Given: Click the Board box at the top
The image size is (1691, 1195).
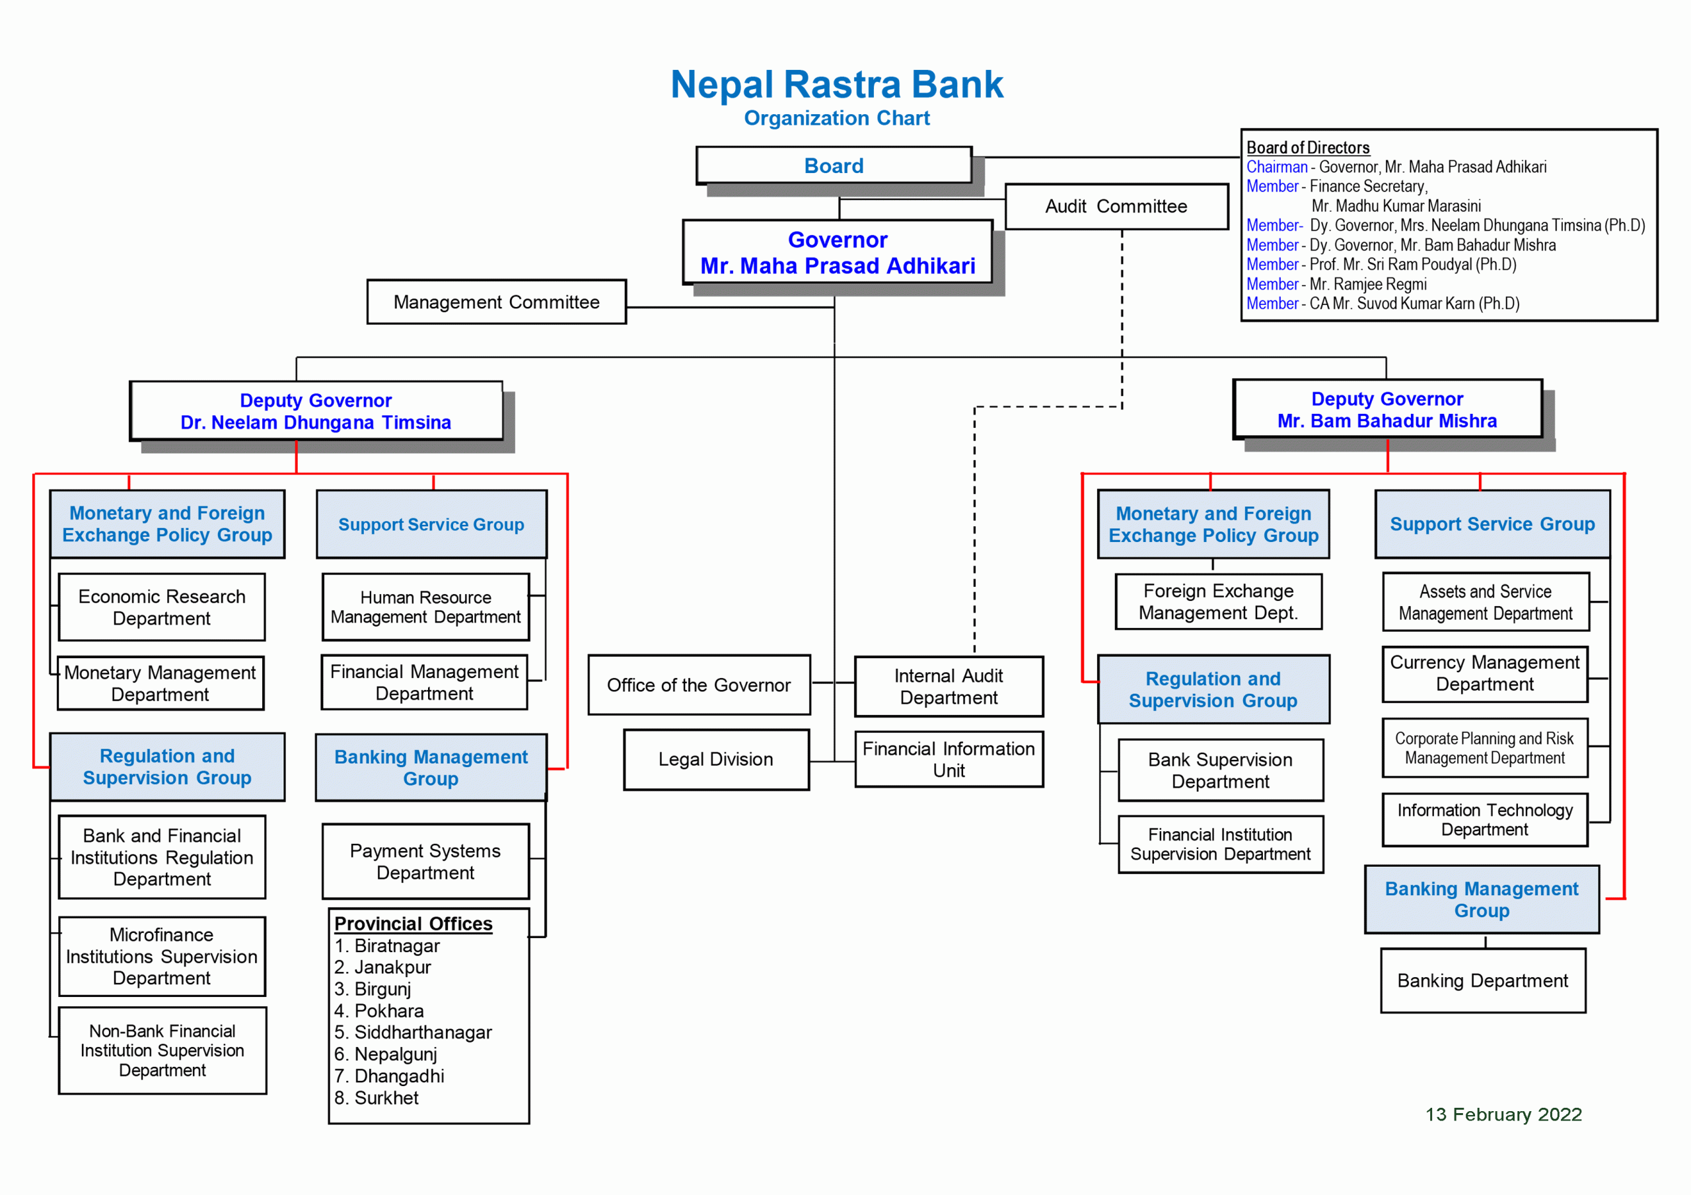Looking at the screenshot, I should (833, 166).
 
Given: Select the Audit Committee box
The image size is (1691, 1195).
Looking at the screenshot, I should (1116, 206).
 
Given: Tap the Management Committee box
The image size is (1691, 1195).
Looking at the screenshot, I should (496, 302).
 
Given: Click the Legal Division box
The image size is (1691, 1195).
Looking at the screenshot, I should (716, 759).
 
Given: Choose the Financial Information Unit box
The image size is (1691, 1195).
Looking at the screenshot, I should (949, 759).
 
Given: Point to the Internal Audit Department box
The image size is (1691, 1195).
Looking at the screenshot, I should (949, 686).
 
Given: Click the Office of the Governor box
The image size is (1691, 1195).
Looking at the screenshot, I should (699, 685).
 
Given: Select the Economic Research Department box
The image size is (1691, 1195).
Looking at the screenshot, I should (161, 607).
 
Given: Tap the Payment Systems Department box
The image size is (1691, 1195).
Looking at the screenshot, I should (425, 861).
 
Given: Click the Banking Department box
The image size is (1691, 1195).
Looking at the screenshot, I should (1482, 980).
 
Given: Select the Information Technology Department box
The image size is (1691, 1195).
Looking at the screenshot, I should (1485, 819).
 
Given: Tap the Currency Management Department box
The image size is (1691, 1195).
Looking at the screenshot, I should (1485, 673).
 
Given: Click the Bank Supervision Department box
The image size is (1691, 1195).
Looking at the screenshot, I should (1221, 770).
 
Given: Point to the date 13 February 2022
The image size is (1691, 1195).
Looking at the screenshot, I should (1503, 1114).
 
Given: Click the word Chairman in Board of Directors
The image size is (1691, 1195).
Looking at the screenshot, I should (1276, 167).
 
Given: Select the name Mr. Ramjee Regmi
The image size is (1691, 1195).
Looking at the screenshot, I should (1368, 284).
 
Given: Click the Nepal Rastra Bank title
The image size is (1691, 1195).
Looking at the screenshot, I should (837, 85).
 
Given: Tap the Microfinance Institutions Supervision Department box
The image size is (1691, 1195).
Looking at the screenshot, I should (161, 956).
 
